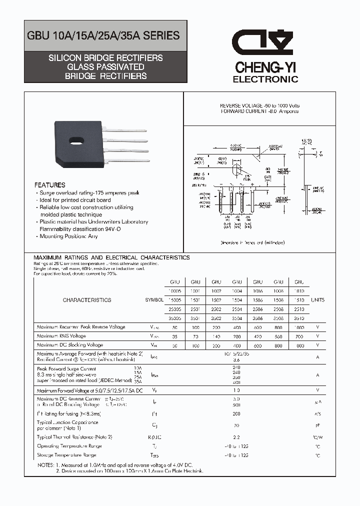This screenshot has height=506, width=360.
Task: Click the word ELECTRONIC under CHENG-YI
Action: tap(265, 79)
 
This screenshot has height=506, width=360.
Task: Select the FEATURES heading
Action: tap(49, 185)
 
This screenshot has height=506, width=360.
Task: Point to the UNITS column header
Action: tap(317, 300)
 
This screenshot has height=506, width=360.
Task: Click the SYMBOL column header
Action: tap(154, 300)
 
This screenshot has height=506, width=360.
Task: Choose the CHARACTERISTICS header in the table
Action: tap(87, 300)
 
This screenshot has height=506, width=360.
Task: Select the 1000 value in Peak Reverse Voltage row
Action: tap(299, 327)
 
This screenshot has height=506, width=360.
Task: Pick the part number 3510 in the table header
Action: tap(299, 318)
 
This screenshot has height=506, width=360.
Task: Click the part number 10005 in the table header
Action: tap(175, 291)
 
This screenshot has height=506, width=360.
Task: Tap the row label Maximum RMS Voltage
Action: tap(61, 336)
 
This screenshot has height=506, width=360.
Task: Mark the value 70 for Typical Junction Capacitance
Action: tap(237, 425)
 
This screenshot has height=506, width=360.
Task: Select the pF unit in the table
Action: tap(317, 425)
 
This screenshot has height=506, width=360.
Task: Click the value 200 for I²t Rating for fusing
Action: tap(237, 414)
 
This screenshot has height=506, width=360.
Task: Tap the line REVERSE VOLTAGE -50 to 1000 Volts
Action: tap(260, 106)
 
